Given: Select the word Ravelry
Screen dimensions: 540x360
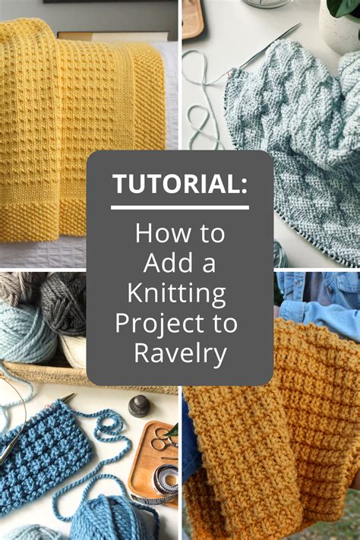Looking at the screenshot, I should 179,352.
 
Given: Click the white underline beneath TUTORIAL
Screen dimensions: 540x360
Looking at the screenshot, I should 179,207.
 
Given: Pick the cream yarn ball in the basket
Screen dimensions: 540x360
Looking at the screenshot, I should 74,349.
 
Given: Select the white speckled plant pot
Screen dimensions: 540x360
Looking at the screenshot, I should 339,30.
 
